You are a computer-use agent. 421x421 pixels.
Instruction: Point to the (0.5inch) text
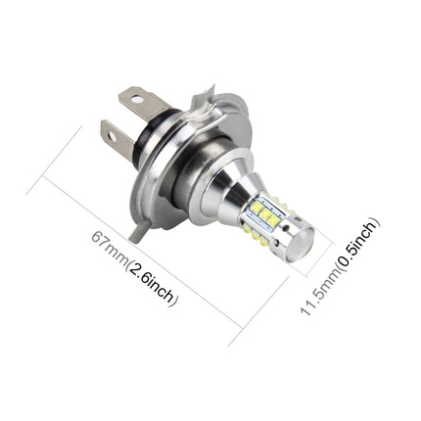point(354,245)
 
